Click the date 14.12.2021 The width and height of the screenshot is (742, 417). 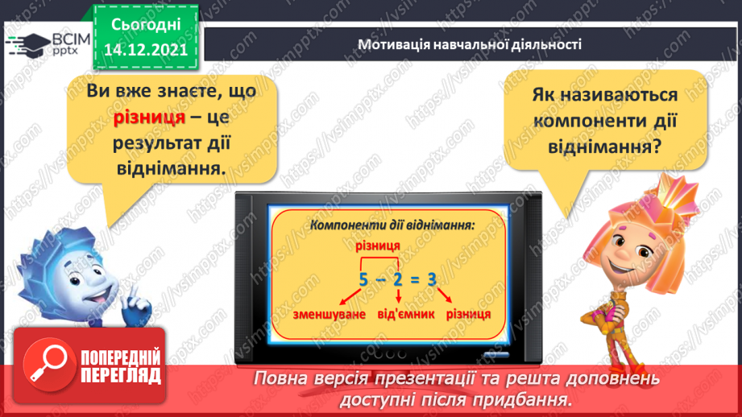[x=145, y=47]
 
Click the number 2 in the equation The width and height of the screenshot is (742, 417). [x=397, y=280]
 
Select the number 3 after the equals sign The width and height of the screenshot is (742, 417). [x=433, y=280]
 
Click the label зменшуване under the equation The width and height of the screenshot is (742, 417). [x=318, y=312]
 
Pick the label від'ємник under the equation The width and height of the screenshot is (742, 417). [x=398, y=312]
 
